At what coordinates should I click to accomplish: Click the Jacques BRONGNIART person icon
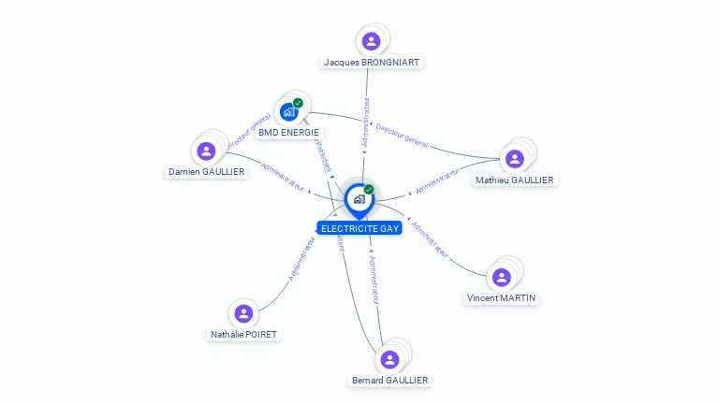click(371, 41)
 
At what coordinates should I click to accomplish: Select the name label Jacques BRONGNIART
click(371, 63)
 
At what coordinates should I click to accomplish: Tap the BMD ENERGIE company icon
click(288, 112)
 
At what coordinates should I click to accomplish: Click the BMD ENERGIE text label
click(288, 133)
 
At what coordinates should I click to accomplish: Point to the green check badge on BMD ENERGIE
click(298, 103)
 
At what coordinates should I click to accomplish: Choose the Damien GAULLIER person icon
click(205, 151)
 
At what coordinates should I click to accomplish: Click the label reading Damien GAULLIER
click(206, 172)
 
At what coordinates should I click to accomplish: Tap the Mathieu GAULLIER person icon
click(514, 159)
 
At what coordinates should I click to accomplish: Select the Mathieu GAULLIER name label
click(514, 180)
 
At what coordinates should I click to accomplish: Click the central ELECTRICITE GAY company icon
click(359, 199)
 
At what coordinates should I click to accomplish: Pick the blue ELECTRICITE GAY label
click(359, 228)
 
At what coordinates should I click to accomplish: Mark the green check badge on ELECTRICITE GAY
click(369, 190)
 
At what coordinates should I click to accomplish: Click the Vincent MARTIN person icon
click(501, 277)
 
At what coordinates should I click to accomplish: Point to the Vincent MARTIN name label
click(503, 298)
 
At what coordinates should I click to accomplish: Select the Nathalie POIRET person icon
click(243, 313)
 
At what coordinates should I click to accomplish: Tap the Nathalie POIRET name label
click(244, 335)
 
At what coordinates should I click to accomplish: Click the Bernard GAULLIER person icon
click(389, 359)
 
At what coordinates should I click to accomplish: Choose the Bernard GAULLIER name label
click(389, 381)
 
